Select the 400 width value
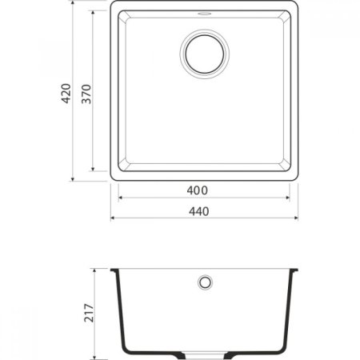click(x=197, y=190)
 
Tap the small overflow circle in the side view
click(x=205, y=282)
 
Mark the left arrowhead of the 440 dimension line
click(x=113, y=218)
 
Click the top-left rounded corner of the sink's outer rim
click(x=114, y=6)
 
